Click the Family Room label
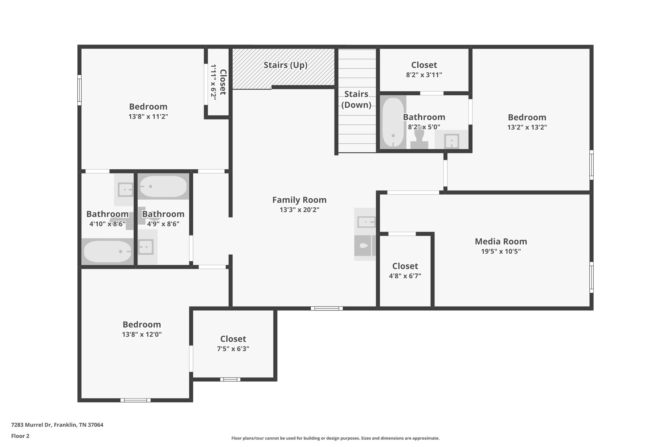tap(299, 200)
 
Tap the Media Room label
tap(501, 241)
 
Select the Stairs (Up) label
tap(285, 65)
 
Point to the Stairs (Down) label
tap(356, 100)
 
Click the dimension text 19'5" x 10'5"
tap(501, 251)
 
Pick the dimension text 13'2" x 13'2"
tap(527, 127)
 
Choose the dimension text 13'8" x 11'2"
tap(148, 117)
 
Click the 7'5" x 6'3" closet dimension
tap(233, 349)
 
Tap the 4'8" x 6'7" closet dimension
tap(405, 276)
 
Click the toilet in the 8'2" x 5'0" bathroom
tap(419, 138)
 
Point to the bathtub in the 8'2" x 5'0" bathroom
tap(393, 122)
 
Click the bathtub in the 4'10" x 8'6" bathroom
tap(107, 251)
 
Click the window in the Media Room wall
tap(591, 277)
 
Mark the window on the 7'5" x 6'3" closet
tap(230, 380)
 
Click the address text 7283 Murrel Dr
tap(31, 425)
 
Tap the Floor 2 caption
tap(20, 436)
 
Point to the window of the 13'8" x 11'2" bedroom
tap(79, 90)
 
